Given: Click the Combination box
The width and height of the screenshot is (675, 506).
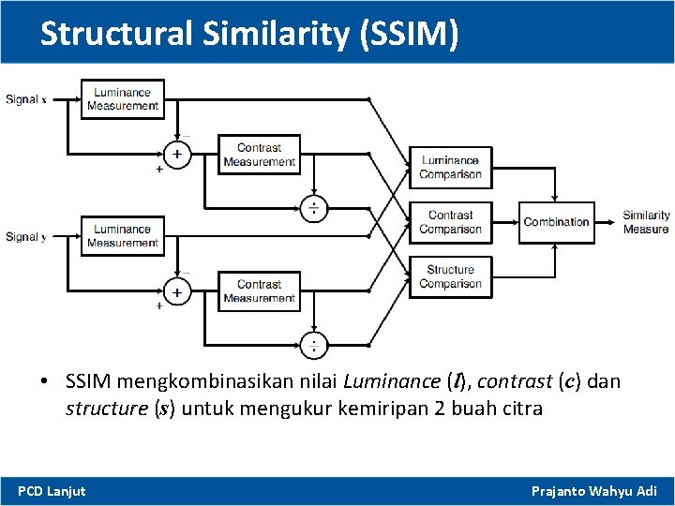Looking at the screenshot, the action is (556, 222).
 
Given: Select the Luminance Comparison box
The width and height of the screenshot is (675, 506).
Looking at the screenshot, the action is (450, 168).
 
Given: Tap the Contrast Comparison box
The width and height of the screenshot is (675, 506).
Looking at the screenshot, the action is (450, 222).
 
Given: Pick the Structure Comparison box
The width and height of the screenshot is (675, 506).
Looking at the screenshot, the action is (450, 277).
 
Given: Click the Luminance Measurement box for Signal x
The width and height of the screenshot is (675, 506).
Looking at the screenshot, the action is (123, 99).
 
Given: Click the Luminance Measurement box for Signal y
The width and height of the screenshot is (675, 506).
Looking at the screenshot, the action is (123, 236).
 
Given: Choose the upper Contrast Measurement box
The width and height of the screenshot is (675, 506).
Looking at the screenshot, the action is (259, 155).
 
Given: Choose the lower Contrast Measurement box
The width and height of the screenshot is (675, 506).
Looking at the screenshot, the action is (259, 291).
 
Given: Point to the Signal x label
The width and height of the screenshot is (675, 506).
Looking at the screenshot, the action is (26, 99).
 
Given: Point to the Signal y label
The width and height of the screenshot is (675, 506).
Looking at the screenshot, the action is (26, 237).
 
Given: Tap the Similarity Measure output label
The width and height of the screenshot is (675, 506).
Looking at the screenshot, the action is (646, 222).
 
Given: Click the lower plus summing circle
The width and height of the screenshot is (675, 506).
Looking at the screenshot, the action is (176, 290).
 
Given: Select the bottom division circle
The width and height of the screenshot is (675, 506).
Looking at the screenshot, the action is (313, 345).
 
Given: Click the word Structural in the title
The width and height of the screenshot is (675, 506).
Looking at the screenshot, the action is (116, 34).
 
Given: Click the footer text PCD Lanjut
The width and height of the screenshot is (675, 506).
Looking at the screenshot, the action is (52, 491).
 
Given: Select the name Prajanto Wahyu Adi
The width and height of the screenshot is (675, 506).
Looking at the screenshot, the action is (593, 491).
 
